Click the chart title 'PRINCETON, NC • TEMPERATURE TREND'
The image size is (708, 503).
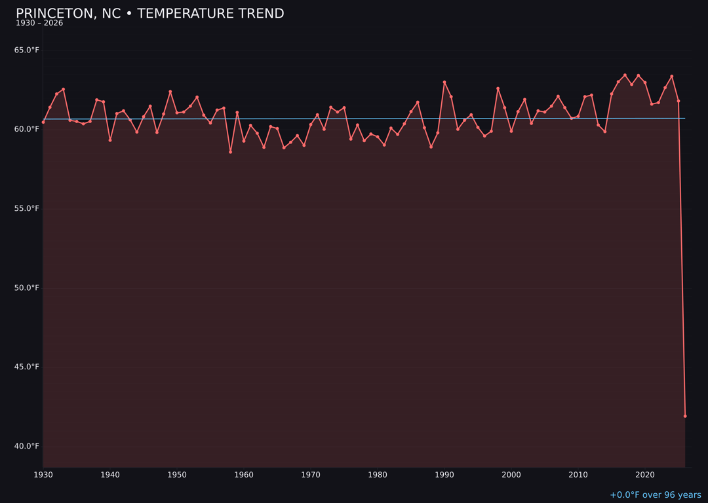click(x=149, y=14)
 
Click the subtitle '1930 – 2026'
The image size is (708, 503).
click(x=39, y=24)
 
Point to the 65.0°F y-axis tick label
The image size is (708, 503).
click(x=27, y=50)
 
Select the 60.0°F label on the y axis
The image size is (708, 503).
click(x=27, y=129)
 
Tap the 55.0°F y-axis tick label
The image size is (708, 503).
click(x=27, y=209)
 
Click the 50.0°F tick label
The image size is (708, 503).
click(x=27, y=288)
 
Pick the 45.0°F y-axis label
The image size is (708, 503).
click(x=27, y=367)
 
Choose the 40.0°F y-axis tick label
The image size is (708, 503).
click(x=27, y=447)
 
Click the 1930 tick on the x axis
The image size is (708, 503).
click(x=43, y=475)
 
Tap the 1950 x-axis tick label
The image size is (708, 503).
click(x=177, y=475)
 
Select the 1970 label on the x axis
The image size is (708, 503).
click(x=311, y=475)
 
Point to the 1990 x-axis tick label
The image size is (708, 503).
click(x=444, y=475)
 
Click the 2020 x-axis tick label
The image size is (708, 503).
click(x=645, y=475)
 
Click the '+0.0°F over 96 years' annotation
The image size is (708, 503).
click(x=655, y=495)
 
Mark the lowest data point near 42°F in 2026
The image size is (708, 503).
click(x=685, y=416)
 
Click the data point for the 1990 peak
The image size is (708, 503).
click(x=444, y=82)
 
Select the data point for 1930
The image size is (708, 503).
click(x=43, y=122)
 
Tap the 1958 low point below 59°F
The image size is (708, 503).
click(x=230, y=152)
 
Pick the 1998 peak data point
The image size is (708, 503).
click(x=498, y=88)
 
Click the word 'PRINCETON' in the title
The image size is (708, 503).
click(x=56, y=14)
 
